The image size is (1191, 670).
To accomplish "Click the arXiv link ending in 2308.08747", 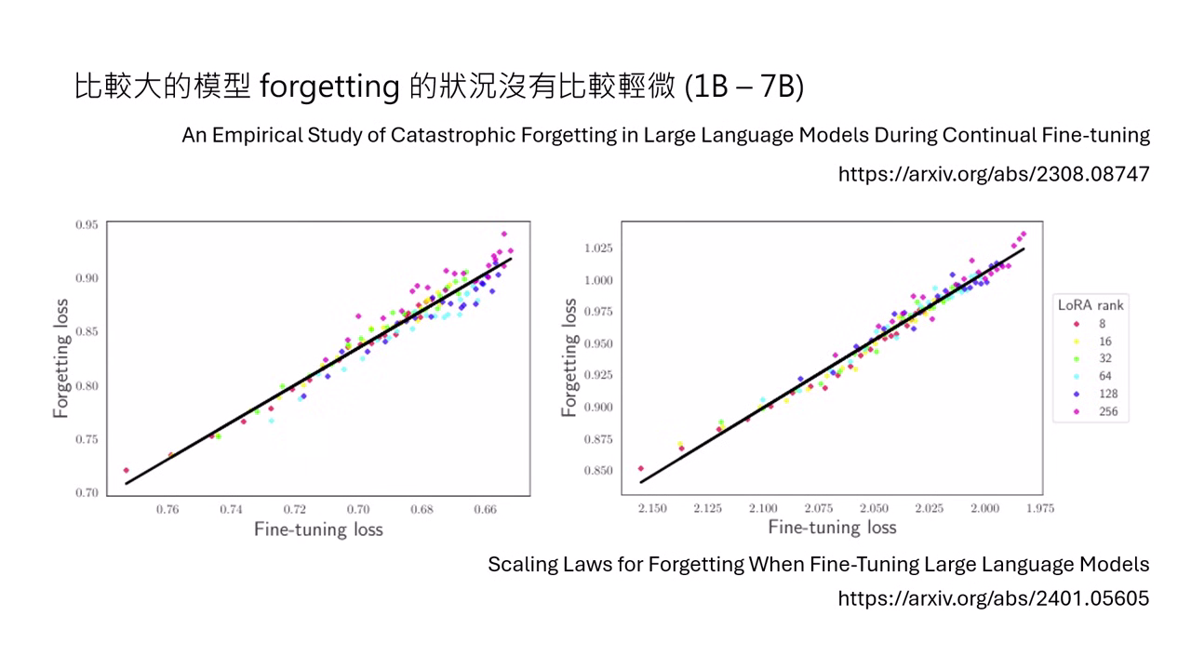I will [994, 174].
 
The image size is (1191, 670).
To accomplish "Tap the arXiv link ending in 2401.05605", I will [994, 598].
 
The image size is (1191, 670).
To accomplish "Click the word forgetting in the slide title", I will [329, 87].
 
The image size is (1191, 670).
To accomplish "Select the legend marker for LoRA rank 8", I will [1077, 324].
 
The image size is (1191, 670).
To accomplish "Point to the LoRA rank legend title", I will [1091, 304].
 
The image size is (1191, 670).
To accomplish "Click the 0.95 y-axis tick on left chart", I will [87, 224].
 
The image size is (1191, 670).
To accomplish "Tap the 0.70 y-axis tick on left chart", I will [87, 492].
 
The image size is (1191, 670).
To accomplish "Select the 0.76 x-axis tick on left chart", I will [168, 510].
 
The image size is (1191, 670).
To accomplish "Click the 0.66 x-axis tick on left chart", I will [485, 510].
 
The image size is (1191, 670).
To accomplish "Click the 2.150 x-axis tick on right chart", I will [652, 508].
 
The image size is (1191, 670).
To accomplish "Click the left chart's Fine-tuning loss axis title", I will [318, 529].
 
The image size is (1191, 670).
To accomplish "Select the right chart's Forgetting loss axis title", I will [570, 357].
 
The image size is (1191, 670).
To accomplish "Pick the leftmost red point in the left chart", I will [126, 470].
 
